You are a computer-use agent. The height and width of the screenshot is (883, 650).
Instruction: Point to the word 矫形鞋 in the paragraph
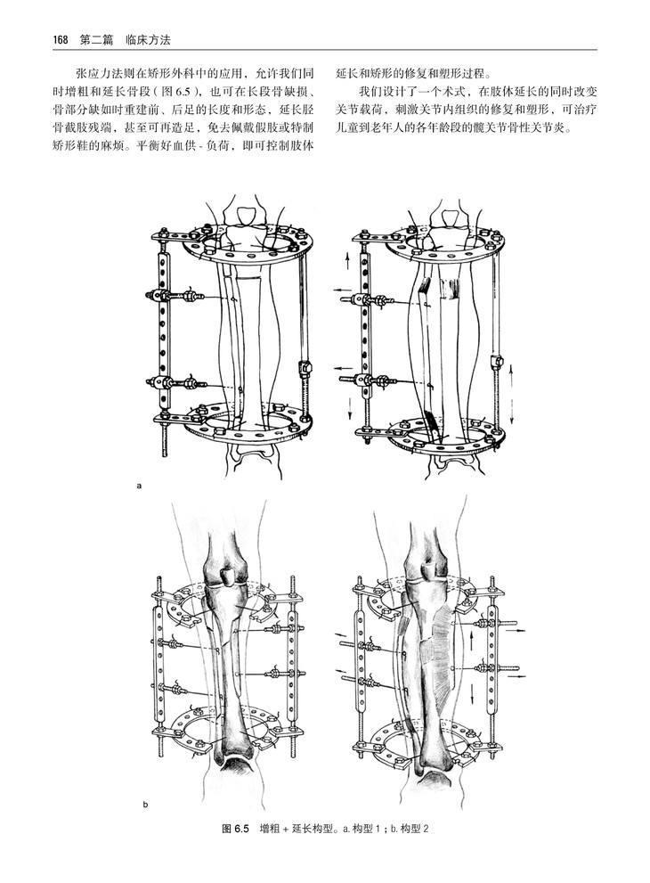pyautogui.click(x=74, y=149)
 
